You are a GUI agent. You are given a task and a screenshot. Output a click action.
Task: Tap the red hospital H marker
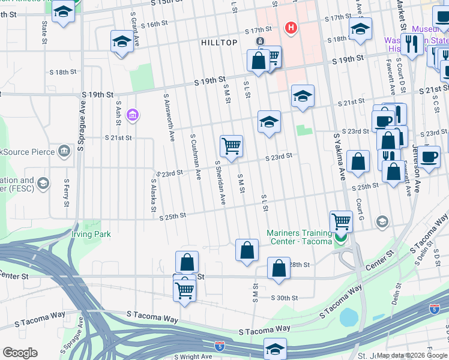click(291, 28)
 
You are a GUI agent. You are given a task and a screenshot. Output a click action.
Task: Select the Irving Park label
click(91, 234)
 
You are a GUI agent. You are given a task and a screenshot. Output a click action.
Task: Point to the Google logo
click(20, 353)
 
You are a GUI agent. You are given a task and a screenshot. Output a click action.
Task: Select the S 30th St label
click(285, 298)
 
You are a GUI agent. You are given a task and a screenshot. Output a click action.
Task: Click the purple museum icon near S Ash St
click(133, 115)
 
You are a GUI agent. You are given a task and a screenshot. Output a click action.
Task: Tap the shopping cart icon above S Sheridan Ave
click(231, 145)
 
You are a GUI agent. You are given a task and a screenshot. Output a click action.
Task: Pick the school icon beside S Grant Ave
click(121, 41)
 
